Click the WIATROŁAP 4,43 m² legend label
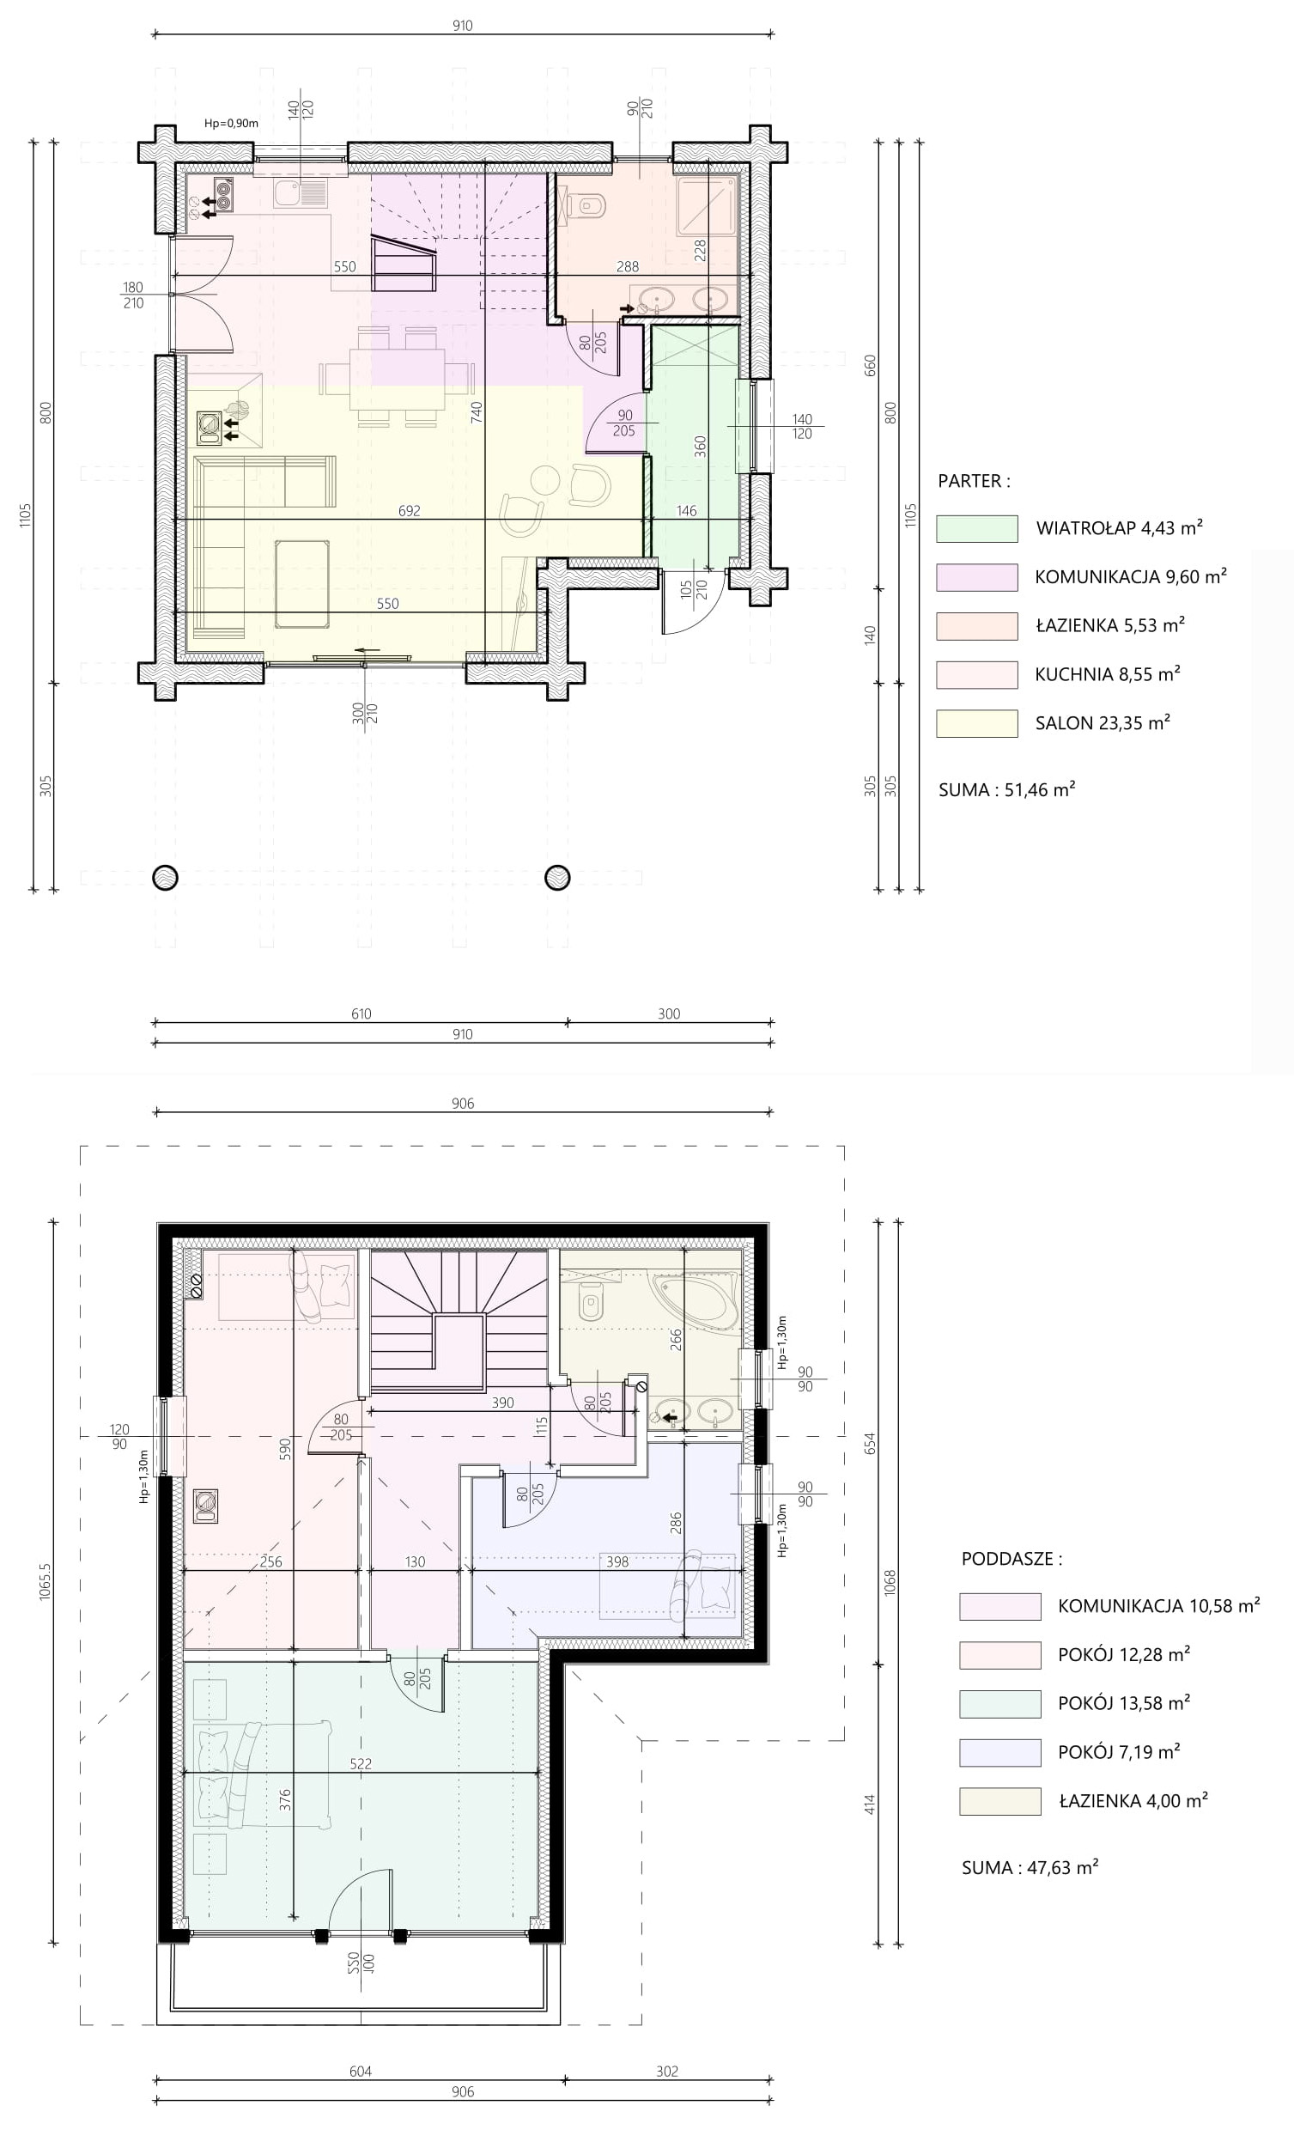tap(1120, 527)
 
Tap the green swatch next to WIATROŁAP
tap(977, 529)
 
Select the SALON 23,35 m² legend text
tap(1103, 722)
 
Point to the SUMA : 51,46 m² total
tap(1007, 789)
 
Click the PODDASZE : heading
tap(1012, 1559)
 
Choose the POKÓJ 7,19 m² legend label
tap(1120, 1752)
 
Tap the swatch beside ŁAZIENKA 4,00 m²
tap(1000, 1802)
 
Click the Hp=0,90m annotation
tap(231, 124)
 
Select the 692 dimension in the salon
tap(410, 511)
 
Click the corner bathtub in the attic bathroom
tap(696, 1298)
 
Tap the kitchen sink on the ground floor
tap(301, 193)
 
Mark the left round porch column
tap(165, 878)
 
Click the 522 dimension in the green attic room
tap(361, 1763)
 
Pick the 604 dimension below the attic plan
tap(361, 2072)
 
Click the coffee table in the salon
tap(301, 583)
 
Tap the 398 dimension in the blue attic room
tap(617, 1562)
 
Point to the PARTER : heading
tap(975, 481)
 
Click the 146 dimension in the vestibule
tap(686, 511)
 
